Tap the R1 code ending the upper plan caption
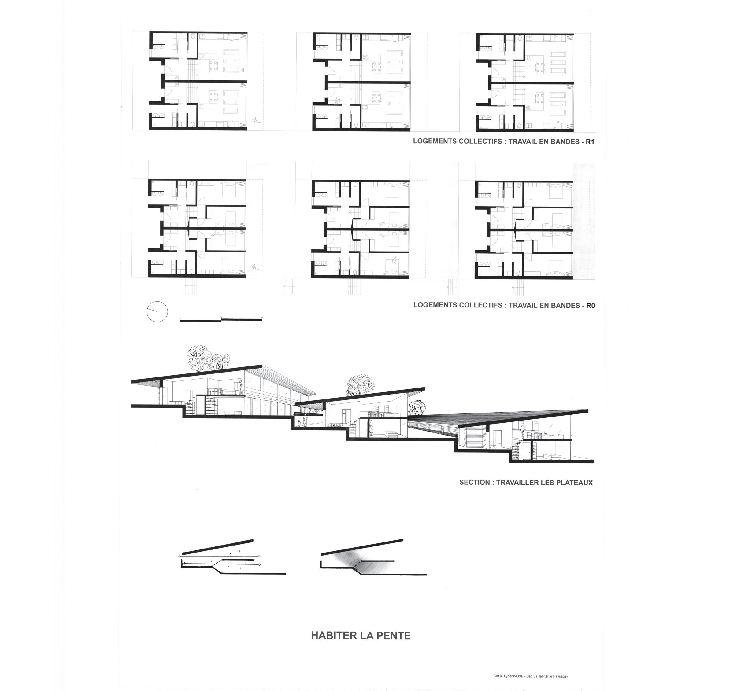coord(590,142)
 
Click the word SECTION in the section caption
coord(475,482)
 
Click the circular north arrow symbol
coord(157,312)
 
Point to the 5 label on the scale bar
coord(221,317)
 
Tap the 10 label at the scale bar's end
coord(261,317)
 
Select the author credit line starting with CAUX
coord(530,676)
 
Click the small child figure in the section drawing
coord(299,424)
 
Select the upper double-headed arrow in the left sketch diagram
coord(219,556)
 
